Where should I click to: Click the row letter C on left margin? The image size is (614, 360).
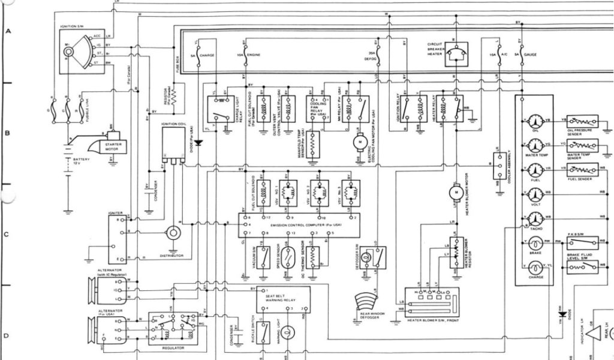pos(7,234)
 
